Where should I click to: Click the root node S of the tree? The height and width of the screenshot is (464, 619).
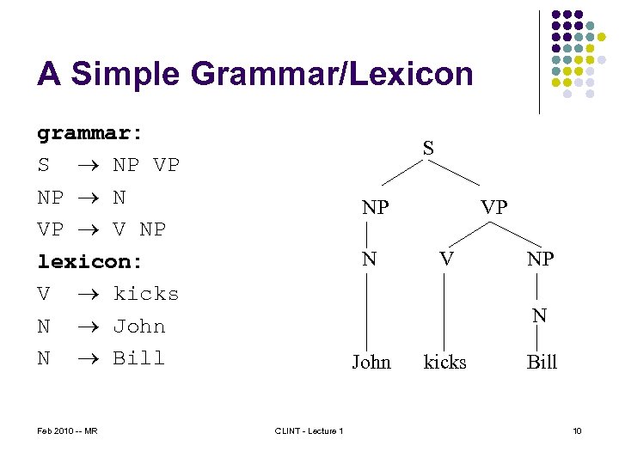(x=428, y=149)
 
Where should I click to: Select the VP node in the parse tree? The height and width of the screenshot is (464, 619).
(x=493, y=208)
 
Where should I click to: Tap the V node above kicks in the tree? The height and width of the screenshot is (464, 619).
(x=444, y=258)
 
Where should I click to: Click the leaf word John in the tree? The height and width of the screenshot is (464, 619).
(x=371, y=362)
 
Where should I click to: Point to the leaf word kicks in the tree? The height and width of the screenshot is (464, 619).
(x=444, y=362)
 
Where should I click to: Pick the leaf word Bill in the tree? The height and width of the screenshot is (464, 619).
(x=542, y=362)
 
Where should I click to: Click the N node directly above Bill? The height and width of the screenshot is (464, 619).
(x=539, y=315)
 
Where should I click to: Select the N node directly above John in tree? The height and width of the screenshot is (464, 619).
(x=369, y=258)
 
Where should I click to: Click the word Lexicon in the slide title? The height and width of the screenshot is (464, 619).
(x=410, y=74)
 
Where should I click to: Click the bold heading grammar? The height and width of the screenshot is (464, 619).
(x=89, y=133)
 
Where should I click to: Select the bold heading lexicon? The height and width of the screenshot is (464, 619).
(x=89, y=261)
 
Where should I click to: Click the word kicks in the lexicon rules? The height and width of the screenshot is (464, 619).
(x=146, y=294)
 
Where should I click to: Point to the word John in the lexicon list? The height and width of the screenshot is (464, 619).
(x=139, y=327)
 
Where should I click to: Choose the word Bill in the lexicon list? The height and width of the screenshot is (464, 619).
(x=139, y=358)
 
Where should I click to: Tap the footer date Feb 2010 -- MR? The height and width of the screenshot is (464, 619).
(x=67, y=430)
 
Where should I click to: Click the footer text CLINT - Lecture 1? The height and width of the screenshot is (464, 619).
(x=309, y=430)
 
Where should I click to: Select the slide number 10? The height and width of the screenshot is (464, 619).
(x=577, y=430)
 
